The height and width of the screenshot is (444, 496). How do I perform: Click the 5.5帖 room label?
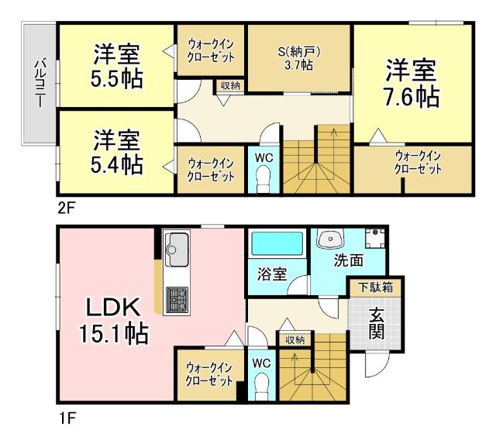[x=117, y=78]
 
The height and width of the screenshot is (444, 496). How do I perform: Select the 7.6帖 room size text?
[x=412, y=96]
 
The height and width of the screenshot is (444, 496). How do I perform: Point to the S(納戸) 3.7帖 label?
[x=299, y=59]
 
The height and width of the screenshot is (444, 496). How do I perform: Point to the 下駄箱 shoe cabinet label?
[x=374, y=287]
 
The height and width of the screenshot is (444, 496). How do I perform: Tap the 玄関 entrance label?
[x=376, y=323]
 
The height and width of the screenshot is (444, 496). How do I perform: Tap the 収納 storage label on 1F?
[x=294, y=339]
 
